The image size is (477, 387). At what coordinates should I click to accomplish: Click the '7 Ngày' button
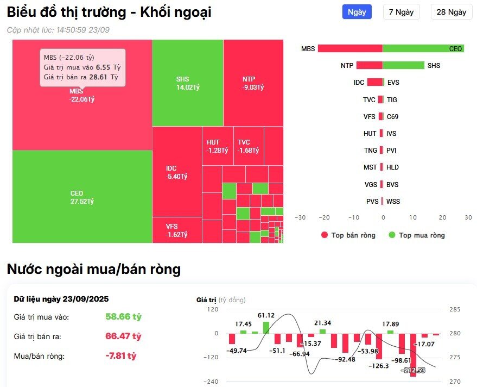pos(401,12)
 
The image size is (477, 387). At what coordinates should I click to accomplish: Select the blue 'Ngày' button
pos(357,12)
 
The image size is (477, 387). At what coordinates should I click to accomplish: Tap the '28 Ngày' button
pos(451,12)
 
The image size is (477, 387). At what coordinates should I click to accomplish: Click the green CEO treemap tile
pos(82,197)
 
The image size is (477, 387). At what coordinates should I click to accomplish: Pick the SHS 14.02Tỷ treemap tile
pos(187,83)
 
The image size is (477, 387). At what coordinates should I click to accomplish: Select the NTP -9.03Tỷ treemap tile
pos(253,83)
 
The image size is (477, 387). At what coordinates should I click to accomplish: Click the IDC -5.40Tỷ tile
pos(176,172)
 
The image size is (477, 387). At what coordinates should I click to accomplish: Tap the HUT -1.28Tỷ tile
pos(217,146)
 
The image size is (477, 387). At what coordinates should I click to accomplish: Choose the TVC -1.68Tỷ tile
pos(249,146)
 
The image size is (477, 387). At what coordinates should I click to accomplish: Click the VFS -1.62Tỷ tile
pos(176,230)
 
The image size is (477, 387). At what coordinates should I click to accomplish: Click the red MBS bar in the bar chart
pos(350,48)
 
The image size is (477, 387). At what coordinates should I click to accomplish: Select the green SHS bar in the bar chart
pos(404,65)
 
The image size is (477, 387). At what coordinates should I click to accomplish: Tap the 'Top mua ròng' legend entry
pos(417,235)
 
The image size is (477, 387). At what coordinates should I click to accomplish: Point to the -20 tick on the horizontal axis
pos(324,217)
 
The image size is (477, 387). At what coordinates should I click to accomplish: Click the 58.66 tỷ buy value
pos(123,316)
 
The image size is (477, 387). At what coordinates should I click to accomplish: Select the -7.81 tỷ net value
pos(120,356)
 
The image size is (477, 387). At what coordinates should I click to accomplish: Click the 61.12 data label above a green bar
pos(266,315)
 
